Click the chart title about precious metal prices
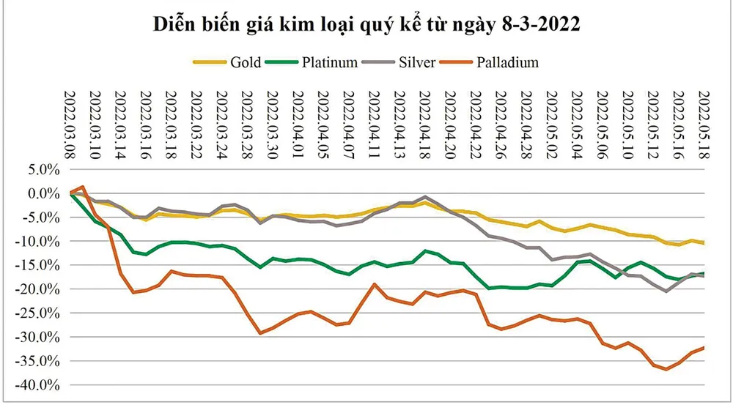pos(366,25)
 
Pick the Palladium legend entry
pos(490,62)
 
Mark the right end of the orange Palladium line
pos(704,348)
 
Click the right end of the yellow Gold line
pos(704,242)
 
